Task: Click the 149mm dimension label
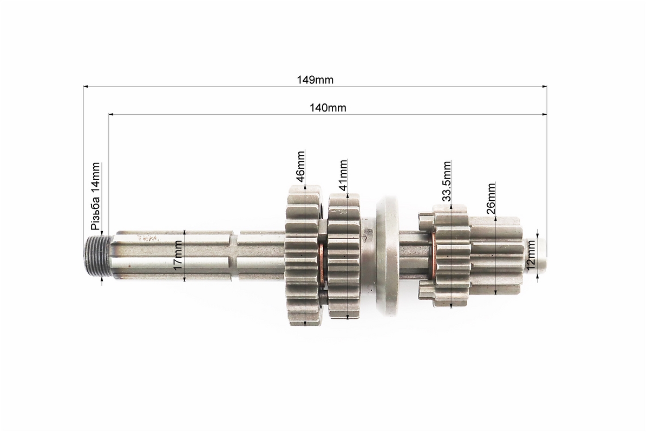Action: click(315, 80)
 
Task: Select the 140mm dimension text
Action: click(328, 108)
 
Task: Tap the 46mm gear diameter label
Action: click(301, 166)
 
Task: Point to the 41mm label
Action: click(343, 175)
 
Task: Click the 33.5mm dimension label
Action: click(447, 181)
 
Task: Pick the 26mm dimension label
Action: click(491, 198)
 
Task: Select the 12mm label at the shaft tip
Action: click(531, 254)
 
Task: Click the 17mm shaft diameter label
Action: click(178, 255)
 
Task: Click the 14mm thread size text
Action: click(95, 178)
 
